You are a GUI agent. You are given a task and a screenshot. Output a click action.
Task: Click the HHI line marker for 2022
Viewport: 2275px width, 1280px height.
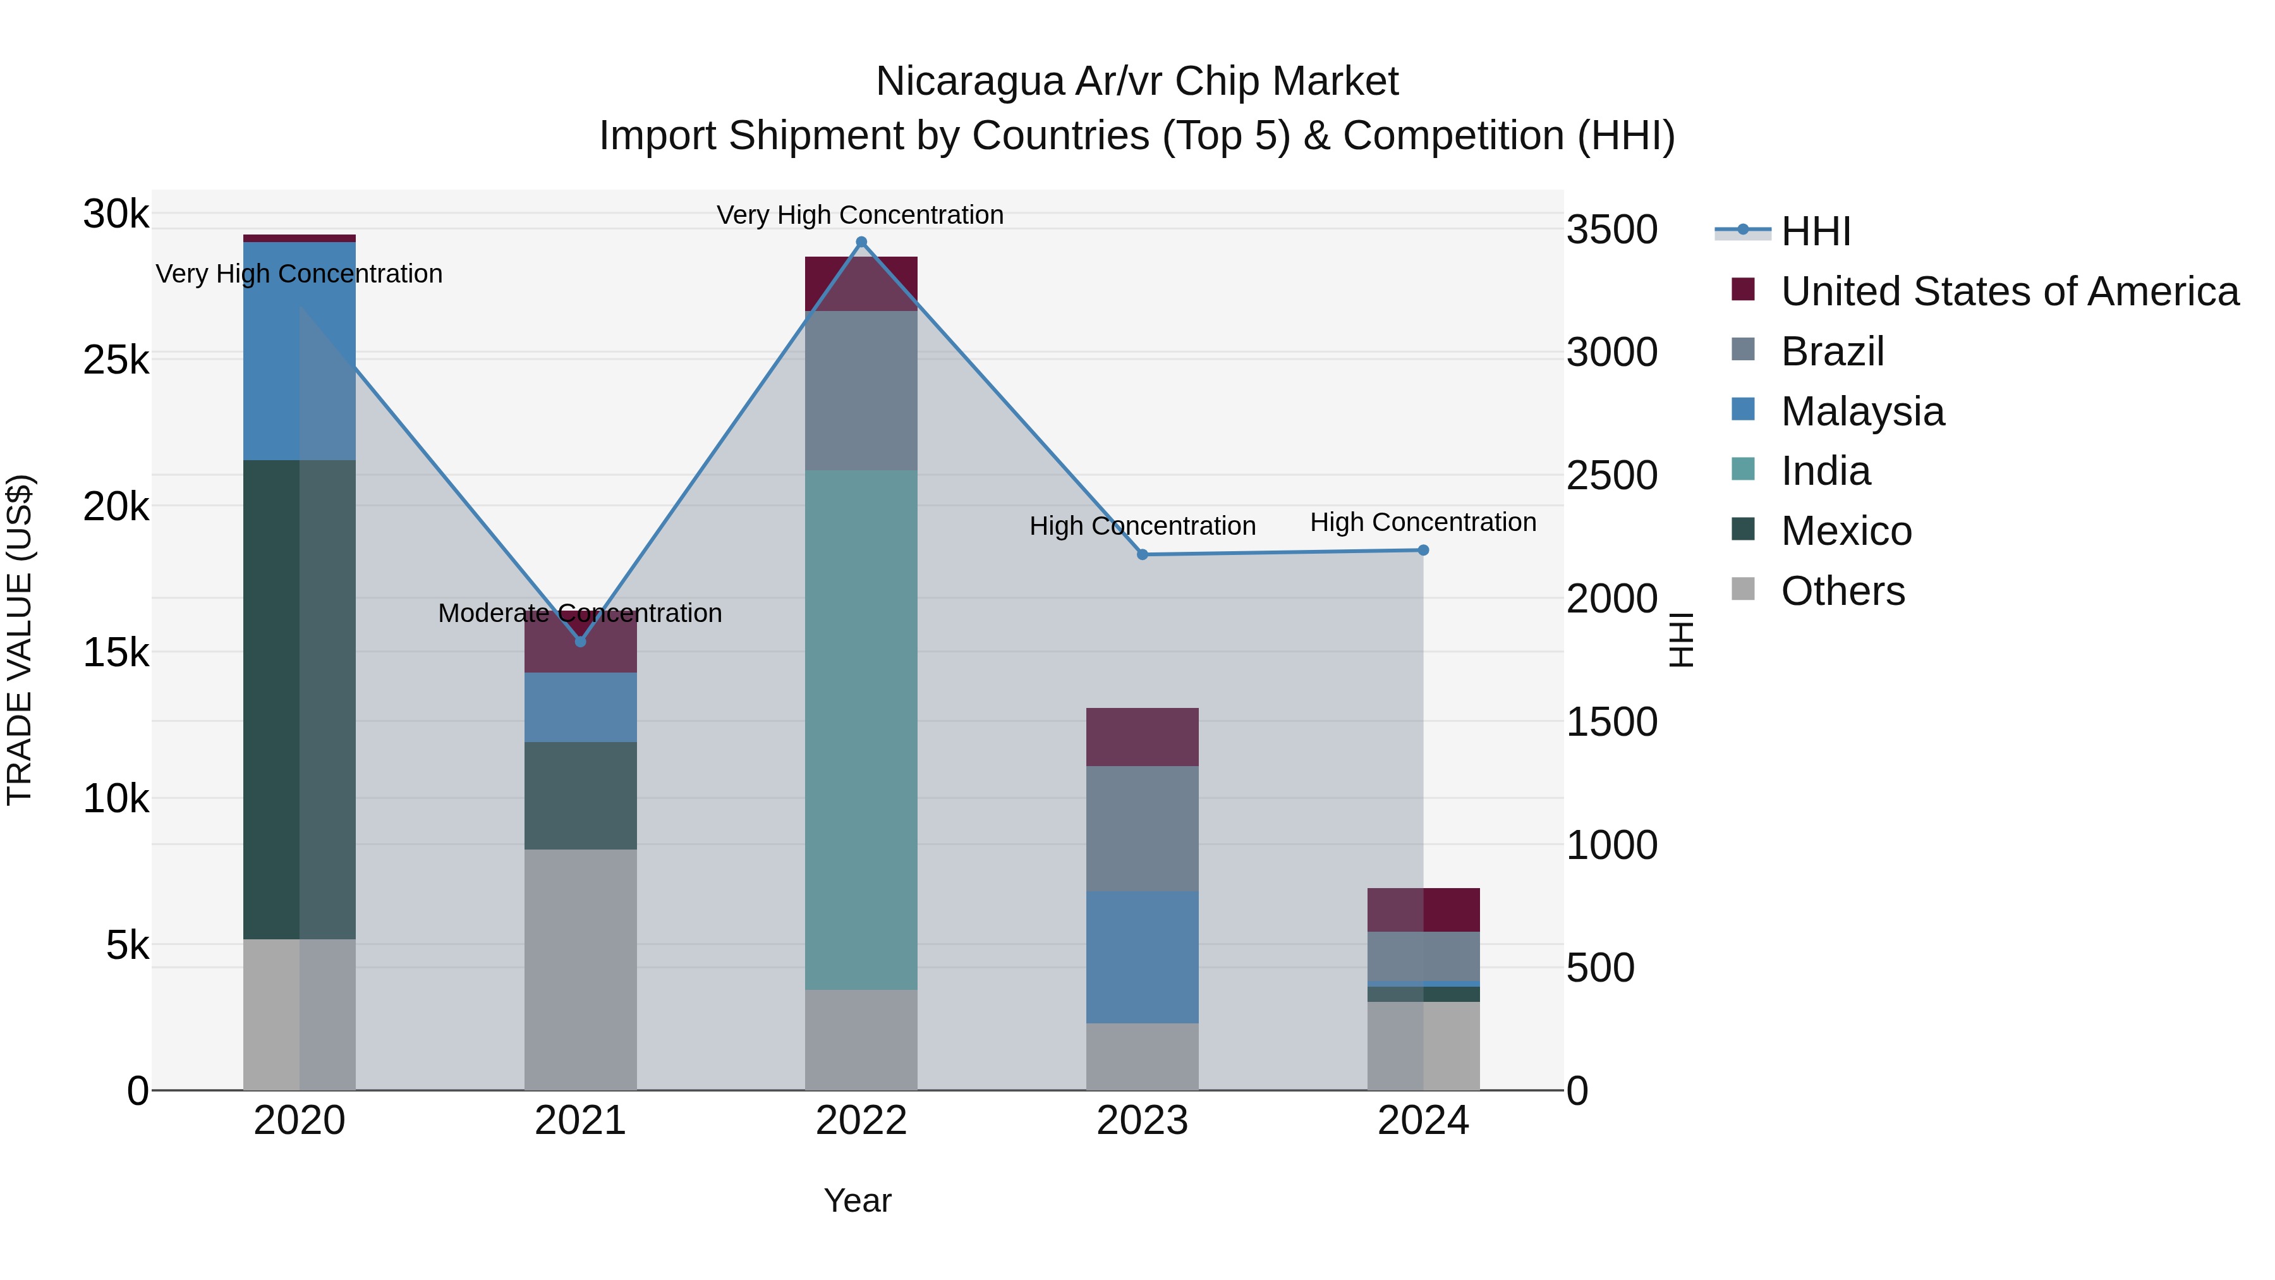(861, 242)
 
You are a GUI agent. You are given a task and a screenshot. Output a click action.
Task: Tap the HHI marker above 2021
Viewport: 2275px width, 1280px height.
(580, 642)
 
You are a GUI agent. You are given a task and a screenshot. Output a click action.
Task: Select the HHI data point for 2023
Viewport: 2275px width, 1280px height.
(1142, 555)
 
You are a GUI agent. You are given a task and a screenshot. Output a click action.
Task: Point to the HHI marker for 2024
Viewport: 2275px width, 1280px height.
(1423, 551)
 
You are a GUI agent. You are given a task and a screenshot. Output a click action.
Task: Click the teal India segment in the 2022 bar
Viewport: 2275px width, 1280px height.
(861, 729)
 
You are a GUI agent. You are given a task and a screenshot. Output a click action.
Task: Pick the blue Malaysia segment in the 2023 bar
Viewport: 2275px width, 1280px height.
(1142, 957)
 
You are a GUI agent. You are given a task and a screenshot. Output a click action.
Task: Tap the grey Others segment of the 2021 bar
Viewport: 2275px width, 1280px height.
(580, 969)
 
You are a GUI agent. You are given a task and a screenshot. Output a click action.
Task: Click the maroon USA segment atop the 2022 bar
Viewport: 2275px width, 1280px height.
(861, 283)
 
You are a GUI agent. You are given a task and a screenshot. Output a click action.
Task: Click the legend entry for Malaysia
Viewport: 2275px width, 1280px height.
(1862, 411)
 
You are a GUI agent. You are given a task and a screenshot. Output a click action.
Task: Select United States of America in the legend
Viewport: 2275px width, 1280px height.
(2009, 291)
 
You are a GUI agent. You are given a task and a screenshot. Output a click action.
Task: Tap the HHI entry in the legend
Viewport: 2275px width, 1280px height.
(1815, 231)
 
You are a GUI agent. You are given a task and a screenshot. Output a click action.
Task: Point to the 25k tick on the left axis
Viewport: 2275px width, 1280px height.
(116, 360)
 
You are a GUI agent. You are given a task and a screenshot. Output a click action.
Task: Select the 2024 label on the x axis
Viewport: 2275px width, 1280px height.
(1423, 1121)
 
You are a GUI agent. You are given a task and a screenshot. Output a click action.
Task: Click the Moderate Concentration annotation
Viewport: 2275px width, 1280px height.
(580, 613)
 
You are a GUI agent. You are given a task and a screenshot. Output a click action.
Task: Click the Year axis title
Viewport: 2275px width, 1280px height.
(858, 1200)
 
